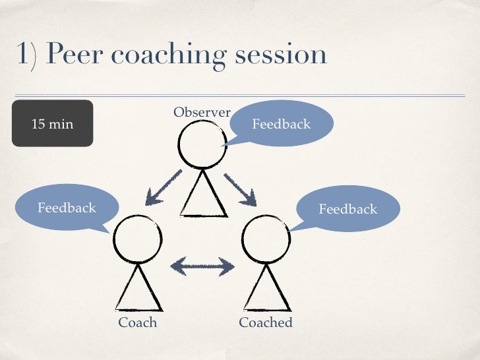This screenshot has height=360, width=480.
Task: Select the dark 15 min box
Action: pyautogui.click(x=53, y=123)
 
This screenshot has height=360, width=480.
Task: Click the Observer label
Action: pyautogui.click(x=202, y=113)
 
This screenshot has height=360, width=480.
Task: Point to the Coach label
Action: pyautogui.click(x=137, y=322)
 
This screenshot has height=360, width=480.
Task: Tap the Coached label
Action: pyautogui.click(x=265, y=322)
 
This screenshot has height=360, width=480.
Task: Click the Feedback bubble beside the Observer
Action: pyautogui.click(x=282, y=124)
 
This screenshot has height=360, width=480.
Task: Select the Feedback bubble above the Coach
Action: pyautogui.click(x=67, y=208)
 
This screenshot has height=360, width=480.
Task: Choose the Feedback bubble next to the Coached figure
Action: pyautogui.click(x=347, y=209)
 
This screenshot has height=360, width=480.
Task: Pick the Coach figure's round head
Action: pyautogui.click(x=138, y=238)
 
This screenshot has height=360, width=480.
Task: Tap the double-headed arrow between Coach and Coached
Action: pyautogui.click(x=202, y=266)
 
